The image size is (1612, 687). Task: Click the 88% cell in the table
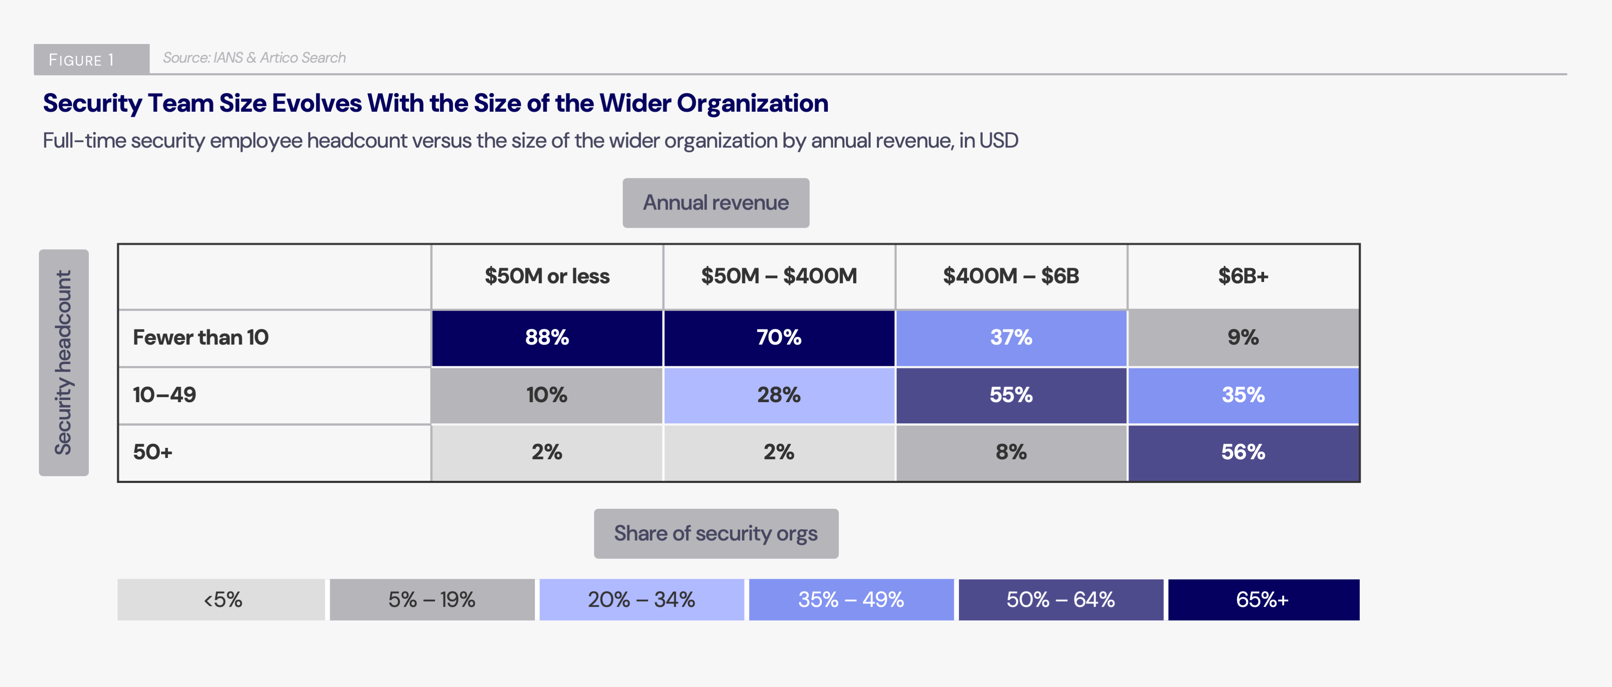pos(546,337)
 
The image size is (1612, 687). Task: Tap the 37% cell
pos(1011,337)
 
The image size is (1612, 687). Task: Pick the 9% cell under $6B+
pos(1243,337)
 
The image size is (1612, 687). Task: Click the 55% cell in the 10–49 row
pos(1011,395)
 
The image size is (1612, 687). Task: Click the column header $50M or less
pos(546,276)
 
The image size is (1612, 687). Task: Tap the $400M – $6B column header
pos(1011,276)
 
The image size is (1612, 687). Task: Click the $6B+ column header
pos(1243,276)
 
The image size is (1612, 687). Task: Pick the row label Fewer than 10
pos(200,337)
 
